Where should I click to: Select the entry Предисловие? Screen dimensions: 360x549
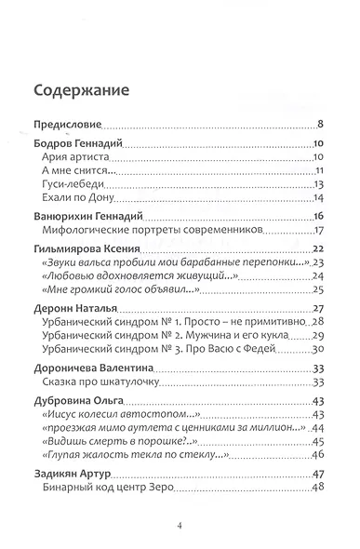[67, 125]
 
